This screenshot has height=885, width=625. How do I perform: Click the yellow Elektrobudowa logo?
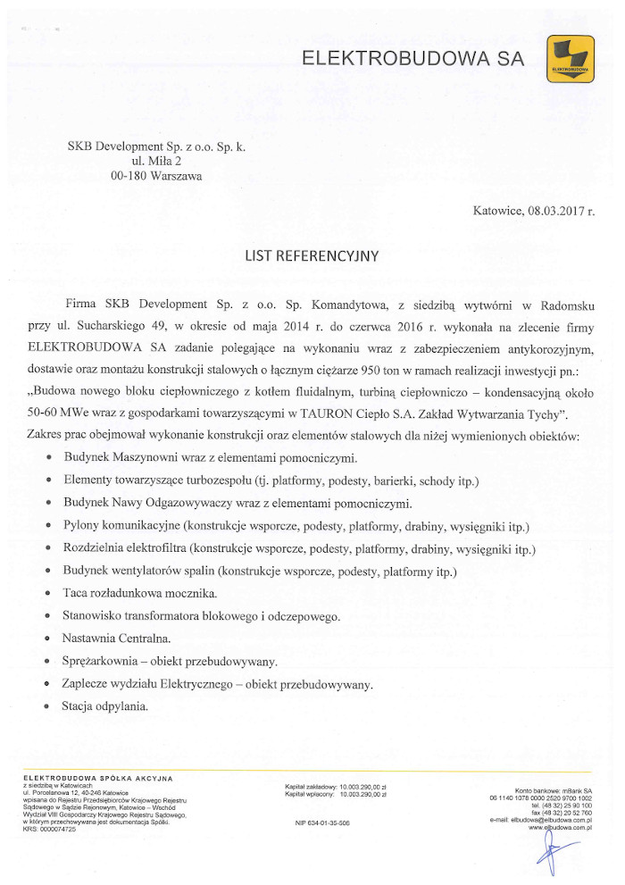[x=570, y=59]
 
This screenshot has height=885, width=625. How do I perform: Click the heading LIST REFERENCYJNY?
[x=312, y=256]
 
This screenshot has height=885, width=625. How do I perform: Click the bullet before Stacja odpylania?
[x=47, y=707]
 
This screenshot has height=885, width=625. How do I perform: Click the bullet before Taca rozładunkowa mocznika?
[x=47, y=594]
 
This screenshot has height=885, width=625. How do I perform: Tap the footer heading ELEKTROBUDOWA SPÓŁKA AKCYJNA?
[x=97, y=779]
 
